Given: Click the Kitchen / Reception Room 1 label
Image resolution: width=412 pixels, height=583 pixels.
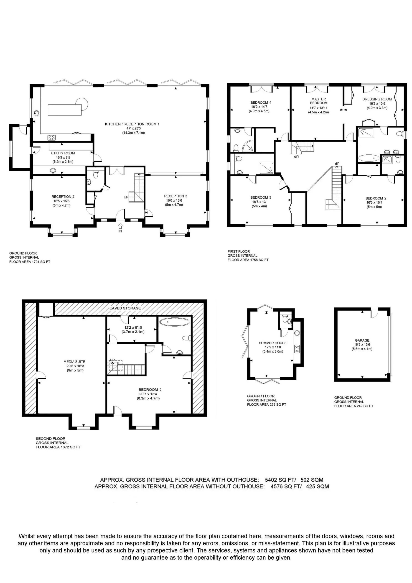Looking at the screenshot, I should coord(132,124).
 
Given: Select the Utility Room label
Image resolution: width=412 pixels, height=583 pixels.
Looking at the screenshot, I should coord(63,153).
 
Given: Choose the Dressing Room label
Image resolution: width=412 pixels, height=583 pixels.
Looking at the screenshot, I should coord(377,99).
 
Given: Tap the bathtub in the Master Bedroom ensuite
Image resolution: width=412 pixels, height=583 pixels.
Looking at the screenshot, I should coord(369,159).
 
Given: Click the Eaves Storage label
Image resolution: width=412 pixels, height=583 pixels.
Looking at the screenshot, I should coord(125,308).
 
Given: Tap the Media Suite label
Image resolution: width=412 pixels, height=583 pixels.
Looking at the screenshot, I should coord(74,362).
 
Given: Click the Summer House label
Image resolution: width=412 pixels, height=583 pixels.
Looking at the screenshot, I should coord(273,343).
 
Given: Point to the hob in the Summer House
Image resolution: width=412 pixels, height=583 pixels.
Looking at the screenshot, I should coord(297,349).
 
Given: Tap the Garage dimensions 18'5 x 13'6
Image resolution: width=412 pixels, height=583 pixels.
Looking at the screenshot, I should coord(362,345).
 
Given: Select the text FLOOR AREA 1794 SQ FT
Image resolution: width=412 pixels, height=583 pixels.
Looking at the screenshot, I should coord(30,261).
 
